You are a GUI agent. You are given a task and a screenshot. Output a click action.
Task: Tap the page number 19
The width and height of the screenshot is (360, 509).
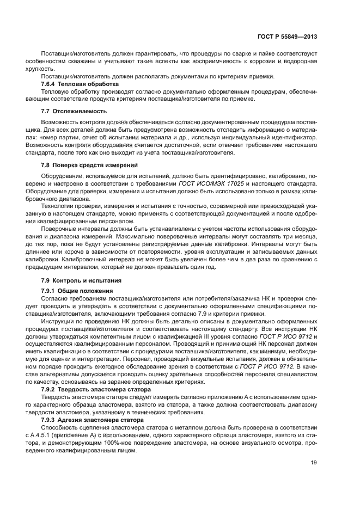tap(314, 463)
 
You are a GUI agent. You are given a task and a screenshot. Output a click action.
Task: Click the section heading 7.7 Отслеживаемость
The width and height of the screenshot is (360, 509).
tap(71, 111)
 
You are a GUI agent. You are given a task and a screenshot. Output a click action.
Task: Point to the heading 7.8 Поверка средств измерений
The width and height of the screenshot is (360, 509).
tap(86, 164)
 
